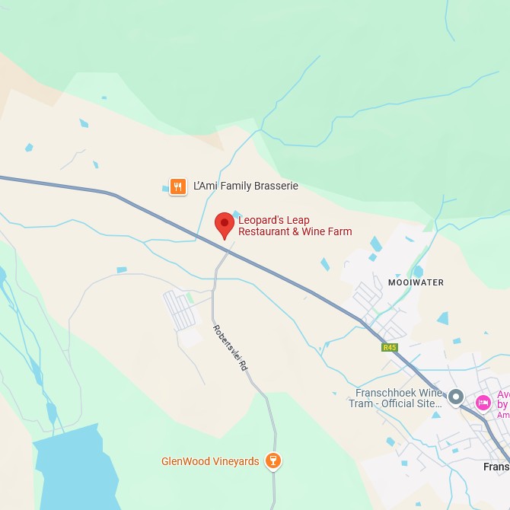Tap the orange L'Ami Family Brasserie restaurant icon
coord(177,186)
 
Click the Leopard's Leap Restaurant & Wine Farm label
coord(295,225)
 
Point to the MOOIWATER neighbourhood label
coord(416,282)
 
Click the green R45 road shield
coord(390,347)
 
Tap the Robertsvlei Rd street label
coord(231,348)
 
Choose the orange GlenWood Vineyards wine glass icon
coord(272,461)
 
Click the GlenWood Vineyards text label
coord(210,461)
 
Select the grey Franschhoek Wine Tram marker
coord(456,397)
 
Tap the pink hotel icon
coord(483,403)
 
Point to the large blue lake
coord(72,472)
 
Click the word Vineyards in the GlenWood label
coord(234,461)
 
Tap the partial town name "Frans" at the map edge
coord(496,467)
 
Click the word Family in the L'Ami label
coord(229,186)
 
